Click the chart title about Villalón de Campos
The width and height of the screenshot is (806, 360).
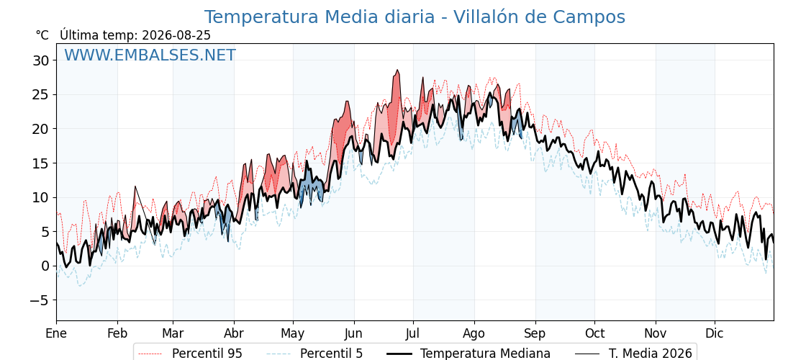415,17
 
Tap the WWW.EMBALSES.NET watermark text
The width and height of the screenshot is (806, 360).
150,55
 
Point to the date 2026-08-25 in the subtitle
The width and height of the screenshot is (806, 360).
176,35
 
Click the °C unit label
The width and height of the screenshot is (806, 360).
42,35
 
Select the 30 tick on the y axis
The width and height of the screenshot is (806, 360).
40,60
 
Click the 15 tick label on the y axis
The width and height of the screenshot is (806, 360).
40,163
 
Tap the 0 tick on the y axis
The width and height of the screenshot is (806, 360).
44,266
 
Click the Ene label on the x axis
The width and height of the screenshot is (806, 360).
56,333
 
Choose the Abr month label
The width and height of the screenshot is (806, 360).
235,333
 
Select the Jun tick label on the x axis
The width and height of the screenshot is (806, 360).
353,333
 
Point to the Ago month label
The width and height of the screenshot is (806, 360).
474,333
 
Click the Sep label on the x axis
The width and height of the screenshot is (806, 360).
535,333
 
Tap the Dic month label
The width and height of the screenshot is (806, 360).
715,333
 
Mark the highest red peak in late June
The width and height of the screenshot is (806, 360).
397,71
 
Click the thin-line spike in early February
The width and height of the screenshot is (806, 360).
135,186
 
